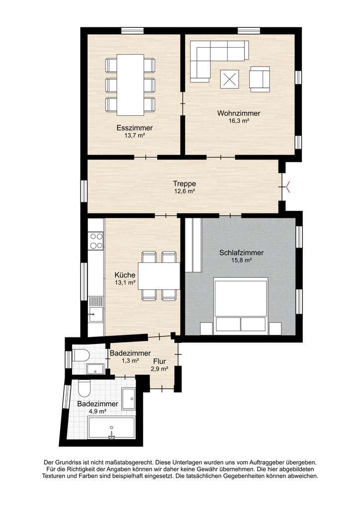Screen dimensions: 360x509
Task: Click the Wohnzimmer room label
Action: point(239,113)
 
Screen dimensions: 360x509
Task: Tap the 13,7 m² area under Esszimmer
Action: point(134,135)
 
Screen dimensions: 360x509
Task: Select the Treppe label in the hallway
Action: point(184,184)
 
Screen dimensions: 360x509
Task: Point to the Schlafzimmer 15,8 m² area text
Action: point(241,260)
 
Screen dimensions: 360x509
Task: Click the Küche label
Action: point(125,275)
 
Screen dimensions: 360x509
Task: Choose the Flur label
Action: point(160,361)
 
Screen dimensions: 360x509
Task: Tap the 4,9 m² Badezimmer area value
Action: point(98,411)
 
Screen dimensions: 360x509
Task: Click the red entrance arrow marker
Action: point(287,187)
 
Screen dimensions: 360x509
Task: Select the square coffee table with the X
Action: point(230,79)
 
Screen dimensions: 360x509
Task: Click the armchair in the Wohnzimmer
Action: point(260,79)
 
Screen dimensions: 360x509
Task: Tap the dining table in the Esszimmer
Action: point(130,85)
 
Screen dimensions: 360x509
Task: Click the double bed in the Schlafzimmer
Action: point(241,306)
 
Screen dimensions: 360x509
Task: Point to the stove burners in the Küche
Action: point(96,241)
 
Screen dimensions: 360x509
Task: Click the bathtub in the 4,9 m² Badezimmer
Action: point(111,428)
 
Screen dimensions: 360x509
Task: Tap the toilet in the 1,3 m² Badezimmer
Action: point(81,355)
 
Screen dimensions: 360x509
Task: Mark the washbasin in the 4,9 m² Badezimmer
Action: point(129,399)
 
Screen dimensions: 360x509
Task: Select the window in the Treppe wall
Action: point(84,191)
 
